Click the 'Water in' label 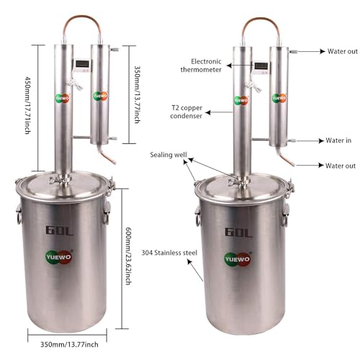point(338,140)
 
